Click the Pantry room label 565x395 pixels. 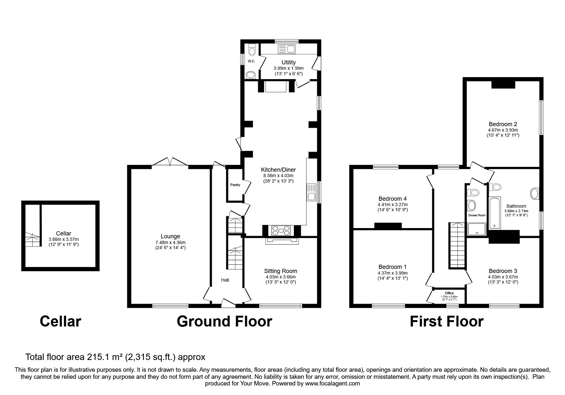click(235, 185)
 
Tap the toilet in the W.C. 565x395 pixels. click(252, 51)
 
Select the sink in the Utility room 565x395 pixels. click(287, 49)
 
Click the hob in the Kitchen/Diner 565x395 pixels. click(281, 230)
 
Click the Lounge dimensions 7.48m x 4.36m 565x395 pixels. click(170, 242)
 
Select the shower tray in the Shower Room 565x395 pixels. click(477, 229)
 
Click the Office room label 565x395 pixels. click(449, 293)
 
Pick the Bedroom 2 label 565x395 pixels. click(503, 124)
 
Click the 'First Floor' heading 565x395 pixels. click(446, 321)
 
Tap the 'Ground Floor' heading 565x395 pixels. click(224, 321)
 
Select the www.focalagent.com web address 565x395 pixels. click(332, 384)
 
